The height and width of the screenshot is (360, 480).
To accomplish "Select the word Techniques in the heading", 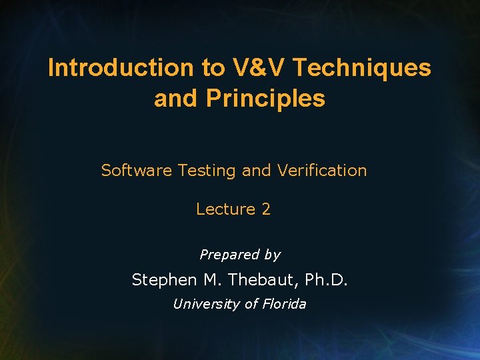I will click(x=362, y=67).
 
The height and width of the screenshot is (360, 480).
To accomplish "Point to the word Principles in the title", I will click(x=265, y=98).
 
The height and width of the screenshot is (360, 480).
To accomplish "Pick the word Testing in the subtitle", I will click(x=207, y=171).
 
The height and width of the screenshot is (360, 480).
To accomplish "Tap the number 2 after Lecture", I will click(x=266, y=209).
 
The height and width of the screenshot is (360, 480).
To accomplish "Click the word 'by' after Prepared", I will click(x=272, y=255).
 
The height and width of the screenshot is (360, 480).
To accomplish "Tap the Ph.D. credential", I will click(x=325, y=279).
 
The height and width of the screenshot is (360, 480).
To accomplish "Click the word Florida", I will click(x=283, y=304).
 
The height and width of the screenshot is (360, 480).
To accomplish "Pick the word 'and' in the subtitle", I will click(x=256, y=171).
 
